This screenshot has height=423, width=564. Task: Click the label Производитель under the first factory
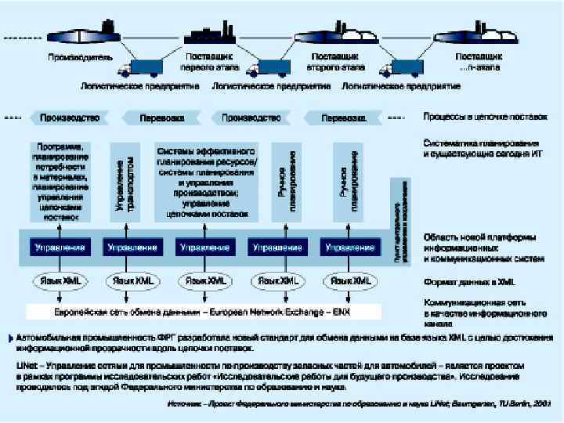pyautogui.click(x=80, y=57)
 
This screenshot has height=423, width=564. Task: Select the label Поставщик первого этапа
pyautogui.click(x=212, y=62)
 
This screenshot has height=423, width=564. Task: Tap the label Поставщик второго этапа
pyautogui.click(x=335, y=62)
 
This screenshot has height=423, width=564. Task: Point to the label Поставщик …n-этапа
pyautogui.click(x=479, y=62)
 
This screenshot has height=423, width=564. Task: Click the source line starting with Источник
pyautogui.click(x=361, y=404)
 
